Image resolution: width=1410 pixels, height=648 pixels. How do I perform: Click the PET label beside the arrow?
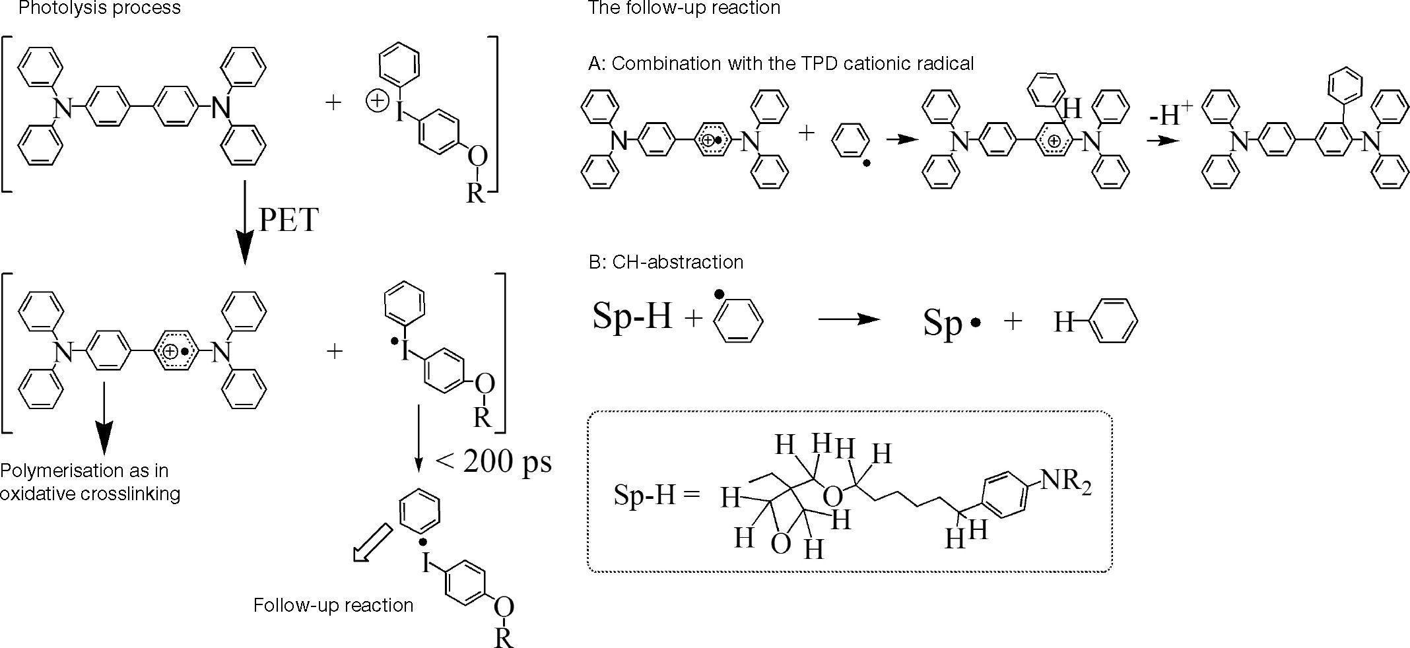pos(289,220)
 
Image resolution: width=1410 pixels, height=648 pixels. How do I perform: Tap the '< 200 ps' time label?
pos(494,461)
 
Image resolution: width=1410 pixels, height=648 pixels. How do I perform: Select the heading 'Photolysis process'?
pos(100,9)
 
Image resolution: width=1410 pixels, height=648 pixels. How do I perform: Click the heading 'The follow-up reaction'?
pos(684,9)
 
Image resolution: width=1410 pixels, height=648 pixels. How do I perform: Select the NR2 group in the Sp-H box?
pos(1065,481)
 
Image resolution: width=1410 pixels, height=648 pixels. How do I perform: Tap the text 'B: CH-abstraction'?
pos(666,263)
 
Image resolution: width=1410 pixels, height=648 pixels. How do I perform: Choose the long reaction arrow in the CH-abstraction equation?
pos(850,320)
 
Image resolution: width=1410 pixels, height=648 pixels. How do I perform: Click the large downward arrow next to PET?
pos(245,224)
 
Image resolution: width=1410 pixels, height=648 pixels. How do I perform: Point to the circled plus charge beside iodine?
pos(376,102)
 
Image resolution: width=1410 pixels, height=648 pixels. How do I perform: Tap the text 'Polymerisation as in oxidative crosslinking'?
pos(90,482)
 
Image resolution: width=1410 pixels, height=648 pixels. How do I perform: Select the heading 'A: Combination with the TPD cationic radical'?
pos(781,64)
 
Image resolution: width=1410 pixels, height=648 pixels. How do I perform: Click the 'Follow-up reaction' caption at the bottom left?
pos(333,606)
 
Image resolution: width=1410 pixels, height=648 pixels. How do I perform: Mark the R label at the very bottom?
pos(504,638)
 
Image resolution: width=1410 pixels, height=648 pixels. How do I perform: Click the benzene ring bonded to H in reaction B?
pos(1114,321)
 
